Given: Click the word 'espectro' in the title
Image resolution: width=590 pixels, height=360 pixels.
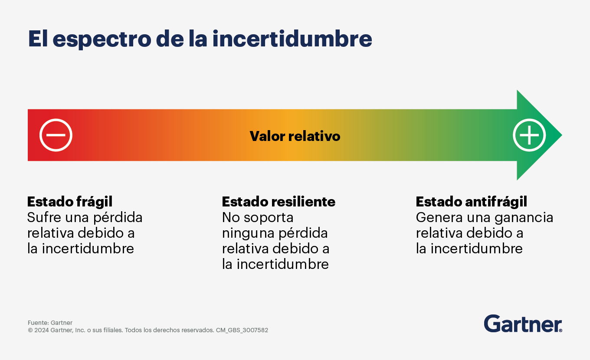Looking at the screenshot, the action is click(102, 39).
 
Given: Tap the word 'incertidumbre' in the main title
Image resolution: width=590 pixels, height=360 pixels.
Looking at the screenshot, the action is click(292, 39).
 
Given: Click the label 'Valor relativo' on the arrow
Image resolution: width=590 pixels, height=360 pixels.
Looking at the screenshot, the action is click(295, 136).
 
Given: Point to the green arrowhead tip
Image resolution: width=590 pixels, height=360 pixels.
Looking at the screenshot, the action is click(562, 135).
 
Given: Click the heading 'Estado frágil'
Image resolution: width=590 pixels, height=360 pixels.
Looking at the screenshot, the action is click(70, 202).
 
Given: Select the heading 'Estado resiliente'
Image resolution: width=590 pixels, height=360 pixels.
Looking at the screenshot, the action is click(279, 202).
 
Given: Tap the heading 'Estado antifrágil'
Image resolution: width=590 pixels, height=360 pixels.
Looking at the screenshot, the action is click(472, 202).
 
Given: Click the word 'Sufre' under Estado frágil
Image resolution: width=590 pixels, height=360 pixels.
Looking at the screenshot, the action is click(44, 217).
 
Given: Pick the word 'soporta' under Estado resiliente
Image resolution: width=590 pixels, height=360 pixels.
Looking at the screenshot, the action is click(269, 218).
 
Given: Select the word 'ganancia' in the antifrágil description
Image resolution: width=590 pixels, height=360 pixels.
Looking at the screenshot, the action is click(524, 218).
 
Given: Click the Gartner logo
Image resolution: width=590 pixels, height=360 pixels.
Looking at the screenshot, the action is click(523, 324).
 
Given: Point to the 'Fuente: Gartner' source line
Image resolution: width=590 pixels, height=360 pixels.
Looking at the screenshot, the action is click(50, 323).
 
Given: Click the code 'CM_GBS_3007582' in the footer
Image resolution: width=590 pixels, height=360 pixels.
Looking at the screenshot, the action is click(242, 330).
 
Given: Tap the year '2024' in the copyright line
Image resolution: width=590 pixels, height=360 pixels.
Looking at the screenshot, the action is click(42, 330).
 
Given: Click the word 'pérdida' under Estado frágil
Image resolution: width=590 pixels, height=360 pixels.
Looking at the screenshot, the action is click(118, 218).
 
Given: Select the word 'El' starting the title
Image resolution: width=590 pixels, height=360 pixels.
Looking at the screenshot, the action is click(38, 39).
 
